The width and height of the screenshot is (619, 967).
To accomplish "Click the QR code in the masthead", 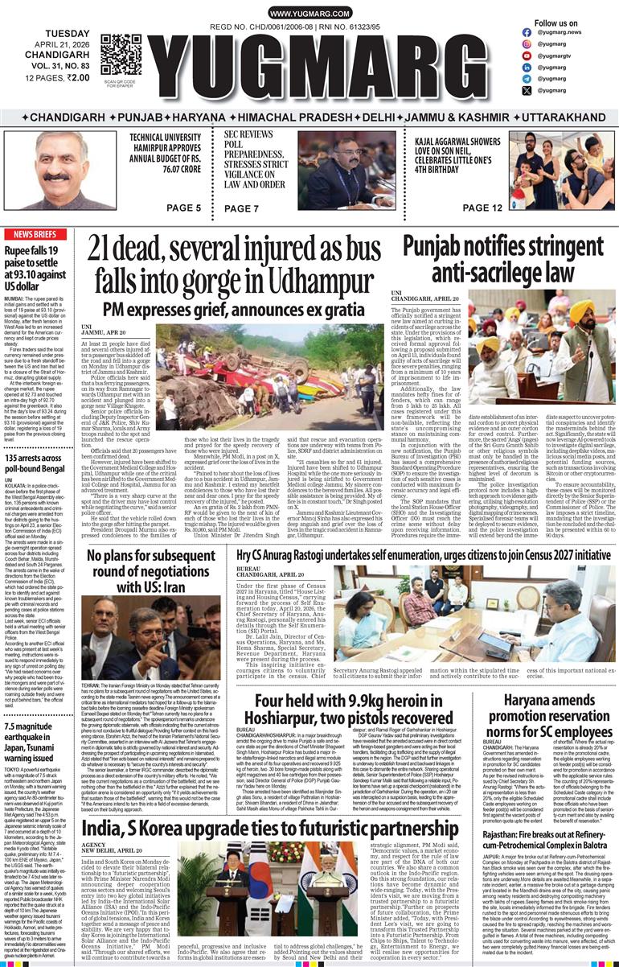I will pos(121,55).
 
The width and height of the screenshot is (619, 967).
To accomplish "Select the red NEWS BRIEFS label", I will pos(35,234).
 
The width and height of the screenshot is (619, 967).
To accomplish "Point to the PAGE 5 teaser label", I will pos(183,208).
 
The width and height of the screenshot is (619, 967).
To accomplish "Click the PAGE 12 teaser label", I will pos(483,208).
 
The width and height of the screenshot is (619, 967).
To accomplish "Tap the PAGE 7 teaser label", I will pos(241,208).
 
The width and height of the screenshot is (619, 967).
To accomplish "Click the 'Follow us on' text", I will pos(556,23).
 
